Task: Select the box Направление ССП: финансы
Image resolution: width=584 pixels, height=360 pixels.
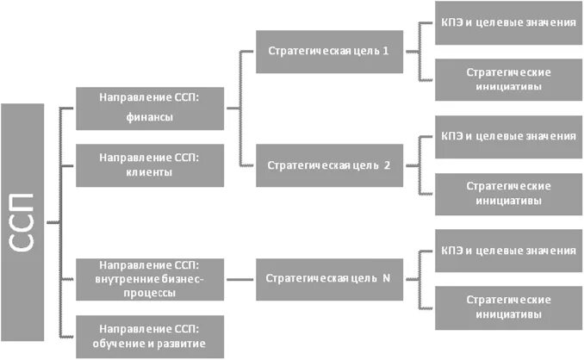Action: [x=149, y=109]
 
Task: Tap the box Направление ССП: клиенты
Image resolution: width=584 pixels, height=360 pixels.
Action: [x=149, y=165]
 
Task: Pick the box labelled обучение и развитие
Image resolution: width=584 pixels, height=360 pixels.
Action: [x=149, y=337]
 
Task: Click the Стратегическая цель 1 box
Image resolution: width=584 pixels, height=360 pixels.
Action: [x=328, y=51]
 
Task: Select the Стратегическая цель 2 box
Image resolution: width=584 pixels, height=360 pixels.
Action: [x=328, y=165]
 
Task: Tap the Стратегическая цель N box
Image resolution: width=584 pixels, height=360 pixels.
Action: [x=328, y=279]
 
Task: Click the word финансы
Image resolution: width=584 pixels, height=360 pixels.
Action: [x=149, y=117]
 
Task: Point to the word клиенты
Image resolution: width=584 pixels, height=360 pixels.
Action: [x=149, y=173]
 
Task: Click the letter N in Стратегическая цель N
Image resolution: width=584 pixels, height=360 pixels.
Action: [x=386, y=279]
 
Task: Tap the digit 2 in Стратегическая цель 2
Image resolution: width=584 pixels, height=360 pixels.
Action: [x=387, y=165]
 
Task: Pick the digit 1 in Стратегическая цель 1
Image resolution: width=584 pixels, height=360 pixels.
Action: [x=386, y=51]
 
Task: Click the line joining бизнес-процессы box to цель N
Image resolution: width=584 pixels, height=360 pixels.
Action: [x=240, y=279]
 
